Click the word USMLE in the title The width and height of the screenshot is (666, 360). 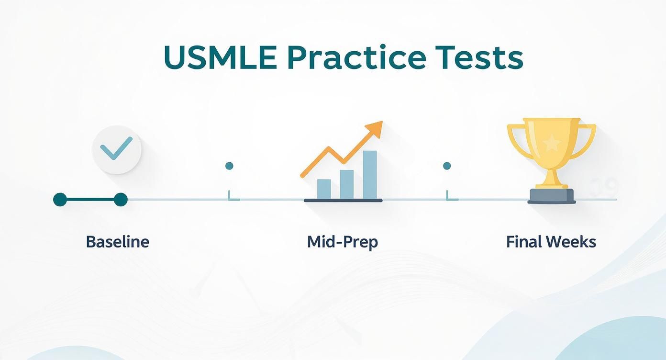(x=220, y=58)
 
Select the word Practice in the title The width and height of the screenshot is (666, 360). (x=358, y=58)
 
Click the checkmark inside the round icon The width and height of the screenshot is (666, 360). (x=117, y=148)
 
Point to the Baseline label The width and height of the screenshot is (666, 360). (x=117, y=242)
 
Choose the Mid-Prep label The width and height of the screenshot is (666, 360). (x=342, y=242)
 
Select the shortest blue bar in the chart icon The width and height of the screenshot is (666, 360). (x=324, y=189)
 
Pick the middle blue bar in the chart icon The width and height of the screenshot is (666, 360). (x=346, y=184)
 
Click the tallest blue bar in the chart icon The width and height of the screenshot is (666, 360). (x=369, y=174)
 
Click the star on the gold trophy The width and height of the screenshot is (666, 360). (x=552, y=142)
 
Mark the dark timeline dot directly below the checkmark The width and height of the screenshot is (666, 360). (x=121, y=200)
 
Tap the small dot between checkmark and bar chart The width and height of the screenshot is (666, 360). (x=229, y=166)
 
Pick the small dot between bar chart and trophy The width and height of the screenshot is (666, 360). (x=447, y=166)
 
